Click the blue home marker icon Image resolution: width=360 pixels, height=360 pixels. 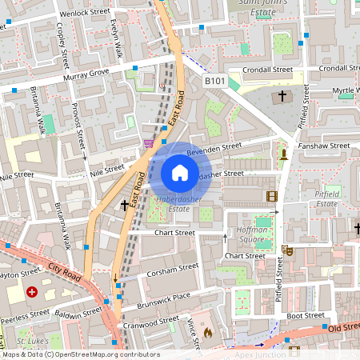[180, 172]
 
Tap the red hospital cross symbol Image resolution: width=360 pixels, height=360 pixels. [32, 293]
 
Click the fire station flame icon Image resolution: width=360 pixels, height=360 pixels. [208, 332]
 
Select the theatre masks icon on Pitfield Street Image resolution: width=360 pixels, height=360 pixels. [288, 250]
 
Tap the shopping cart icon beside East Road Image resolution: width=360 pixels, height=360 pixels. [148, 143]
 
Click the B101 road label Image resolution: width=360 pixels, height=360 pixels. [214, 81]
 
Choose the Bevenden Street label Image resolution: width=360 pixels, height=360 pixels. [214, 148]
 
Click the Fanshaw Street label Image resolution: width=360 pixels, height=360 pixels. [323, 146]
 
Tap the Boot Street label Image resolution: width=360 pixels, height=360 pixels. [305, 315]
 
